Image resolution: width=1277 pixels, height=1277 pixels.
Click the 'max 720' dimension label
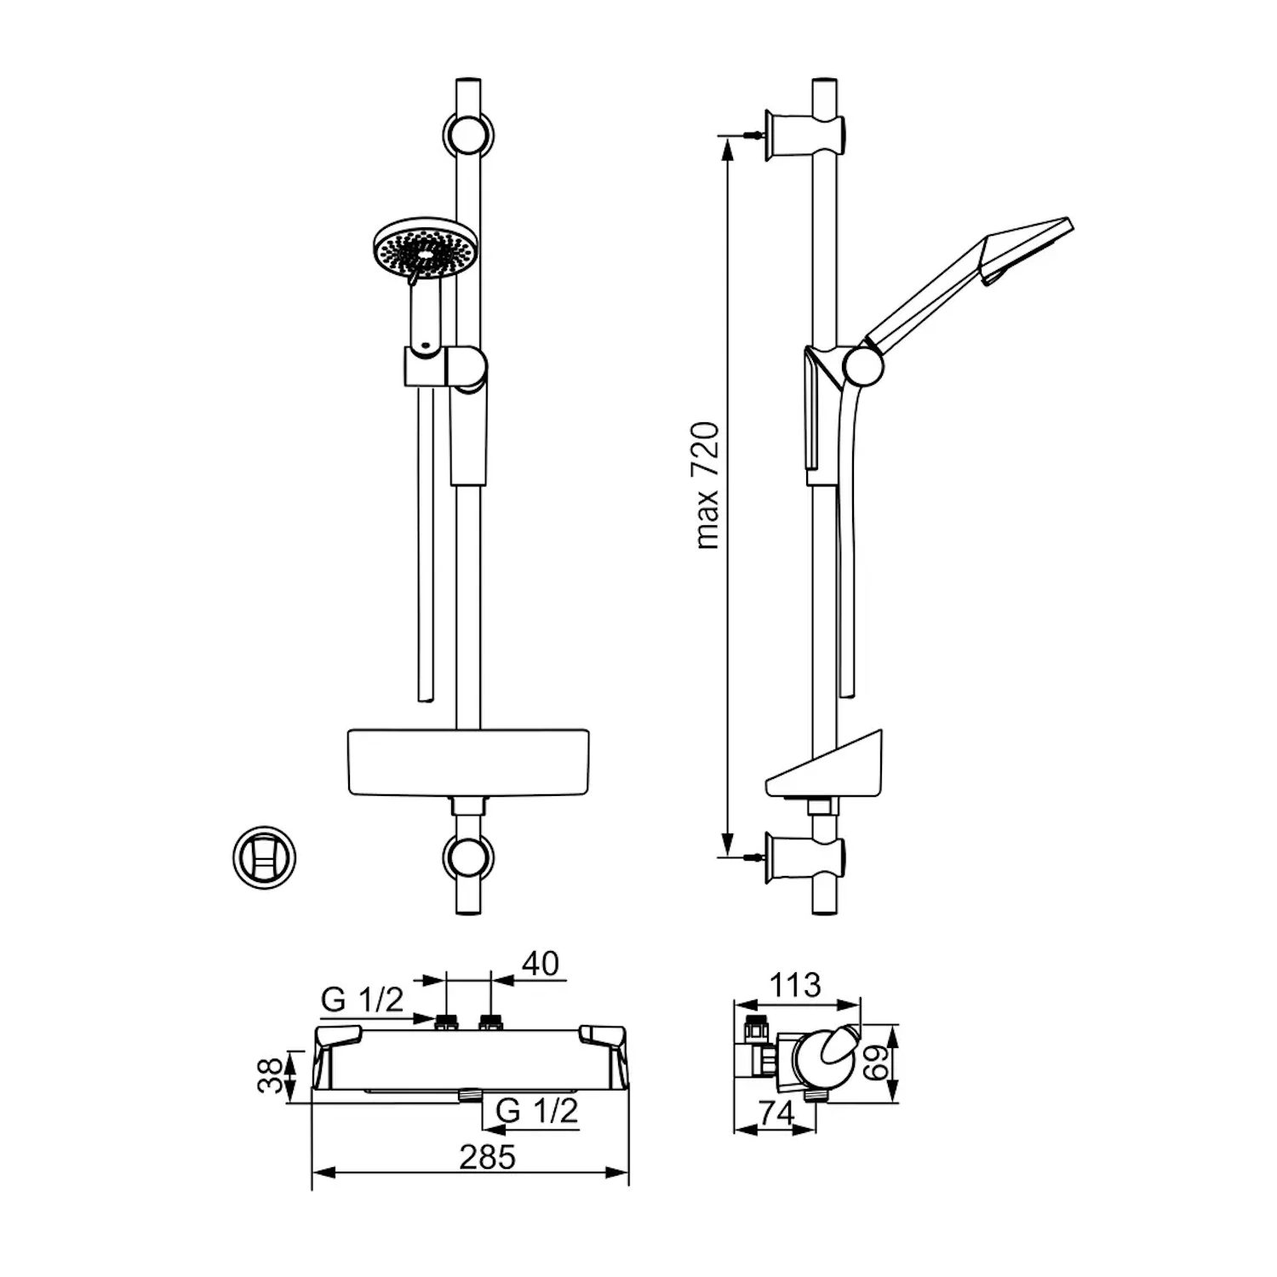coord(707,485)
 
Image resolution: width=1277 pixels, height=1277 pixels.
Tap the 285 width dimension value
coord(488,1157)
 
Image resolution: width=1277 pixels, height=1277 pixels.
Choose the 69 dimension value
coord(877,1062)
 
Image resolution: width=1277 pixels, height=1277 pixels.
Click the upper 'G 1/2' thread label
coord(362,999)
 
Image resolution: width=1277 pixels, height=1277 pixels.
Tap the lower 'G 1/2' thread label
coord(536,1110)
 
